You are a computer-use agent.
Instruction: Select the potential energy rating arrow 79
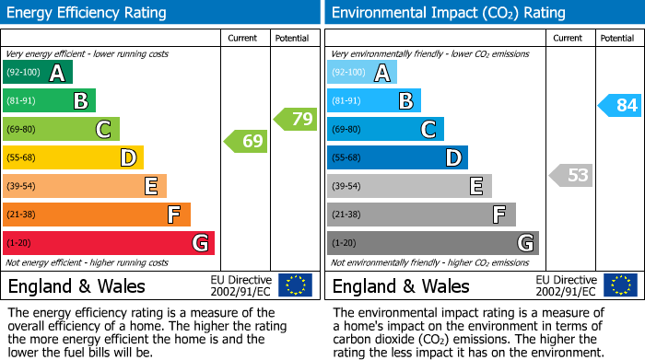tap(296, 118)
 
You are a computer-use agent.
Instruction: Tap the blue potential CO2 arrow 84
tap(620, 105)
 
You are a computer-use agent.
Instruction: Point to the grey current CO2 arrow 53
tap(570, 175)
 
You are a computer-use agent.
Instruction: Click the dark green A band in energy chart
tap(38, 73)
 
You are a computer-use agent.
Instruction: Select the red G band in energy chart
tap(109, 243)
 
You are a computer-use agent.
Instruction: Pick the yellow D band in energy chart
tap(73, 158)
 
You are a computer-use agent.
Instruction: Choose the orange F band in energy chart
tap(97, 215)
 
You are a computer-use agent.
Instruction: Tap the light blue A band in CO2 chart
tap(362, 73)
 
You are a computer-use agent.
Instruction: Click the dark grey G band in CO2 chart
tap(432, 243)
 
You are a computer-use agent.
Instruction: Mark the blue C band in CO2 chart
tap(385, 130)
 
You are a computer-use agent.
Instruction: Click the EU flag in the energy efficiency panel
tap(295, 285)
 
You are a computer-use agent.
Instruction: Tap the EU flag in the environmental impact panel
tap(619, 285)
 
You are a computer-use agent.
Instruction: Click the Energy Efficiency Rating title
tap(88, 13)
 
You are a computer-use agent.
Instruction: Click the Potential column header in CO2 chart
tap(617, 38)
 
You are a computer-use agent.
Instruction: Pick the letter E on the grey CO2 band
tap(475, 186)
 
